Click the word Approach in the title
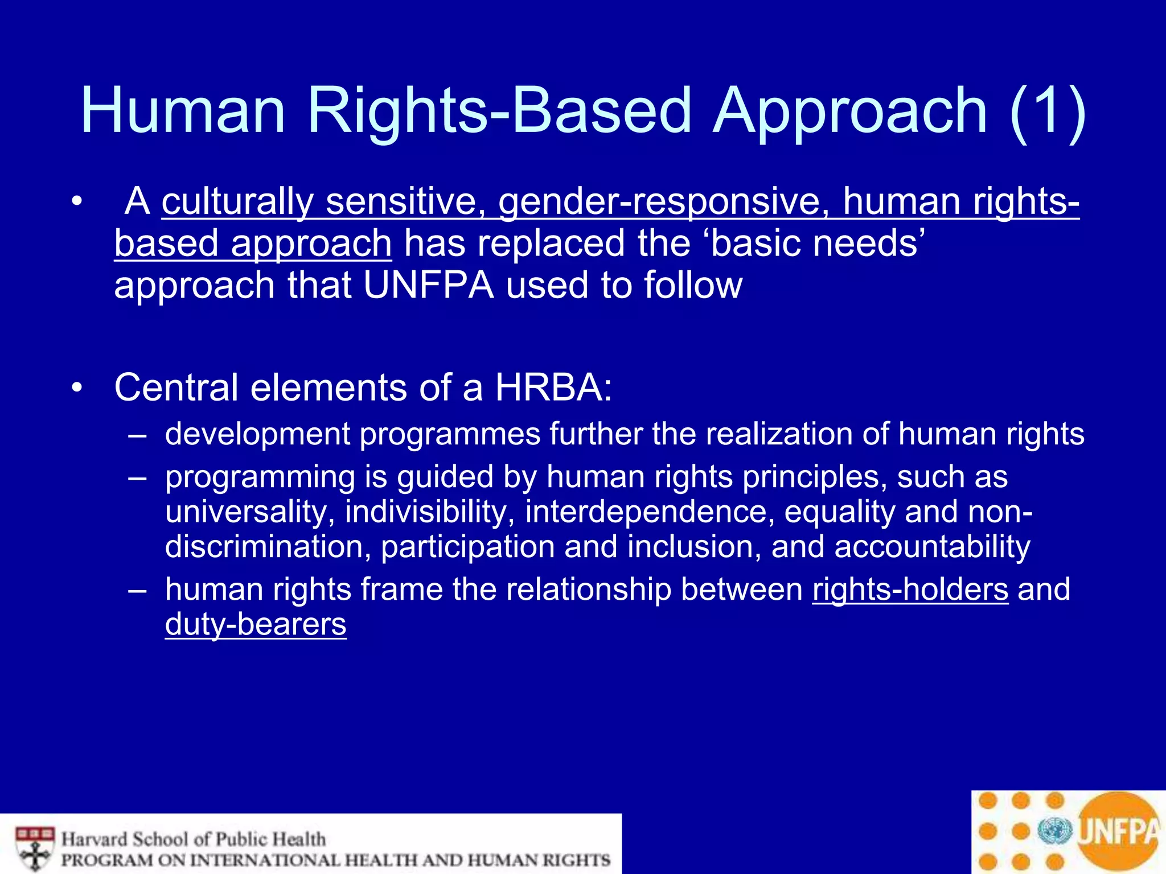pos(849,112)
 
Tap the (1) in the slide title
pos(1048,112)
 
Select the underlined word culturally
pos(237,202)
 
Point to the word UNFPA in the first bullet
pos(428,285)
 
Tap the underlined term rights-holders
pos(910,589)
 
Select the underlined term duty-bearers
pos(256,624)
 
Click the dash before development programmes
pos(137,435)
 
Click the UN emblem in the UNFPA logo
pos(1054,831)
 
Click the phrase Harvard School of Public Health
pos(194,839)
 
